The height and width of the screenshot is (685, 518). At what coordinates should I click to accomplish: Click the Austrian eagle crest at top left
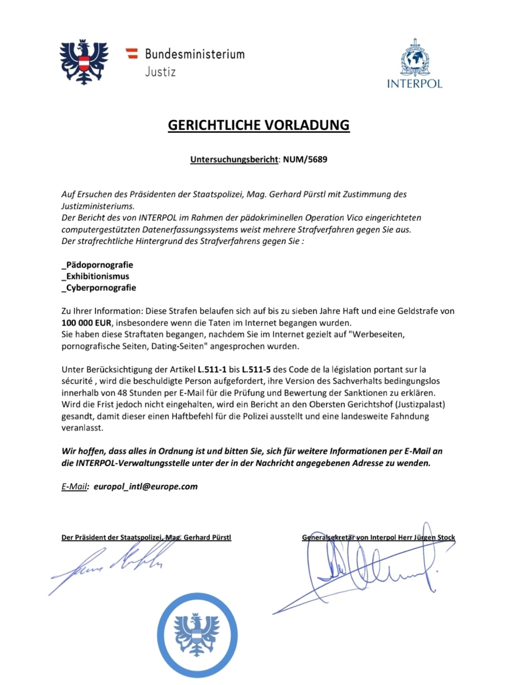[x=84, y=62]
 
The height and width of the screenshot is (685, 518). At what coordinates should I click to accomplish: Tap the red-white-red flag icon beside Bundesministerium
[x=132, y=54]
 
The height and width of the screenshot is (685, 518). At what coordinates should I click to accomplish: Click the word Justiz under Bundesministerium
[x=160, y=72]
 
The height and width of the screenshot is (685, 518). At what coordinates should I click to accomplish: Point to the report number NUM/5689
[x=305, y=159]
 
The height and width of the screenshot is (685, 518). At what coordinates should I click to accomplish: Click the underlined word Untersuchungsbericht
[x=234, y=160]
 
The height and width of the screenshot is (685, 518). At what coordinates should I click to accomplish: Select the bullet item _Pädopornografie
[x=97, y=265]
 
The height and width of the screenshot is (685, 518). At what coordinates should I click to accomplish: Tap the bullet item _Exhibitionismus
[x=95, y=276]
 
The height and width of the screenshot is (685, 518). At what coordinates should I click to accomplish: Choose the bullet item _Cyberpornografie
[x=99, y=287]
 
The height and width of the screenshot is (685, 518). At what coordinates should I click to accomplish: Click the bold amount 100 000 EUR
[x=86, y=323]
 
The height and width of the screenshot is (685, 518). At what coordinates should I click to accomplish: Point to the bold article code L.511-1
[x=212, y=369]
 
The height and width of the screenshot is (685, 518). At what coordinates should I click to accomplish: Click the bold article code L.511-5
[x=256, y=369]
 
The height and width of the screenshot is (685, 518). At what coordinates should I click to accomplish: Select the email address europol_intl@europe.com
[x=146, y=486]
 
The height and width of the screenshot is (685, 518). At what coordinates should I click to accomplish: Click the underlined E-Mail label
[x=74, y=486]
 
